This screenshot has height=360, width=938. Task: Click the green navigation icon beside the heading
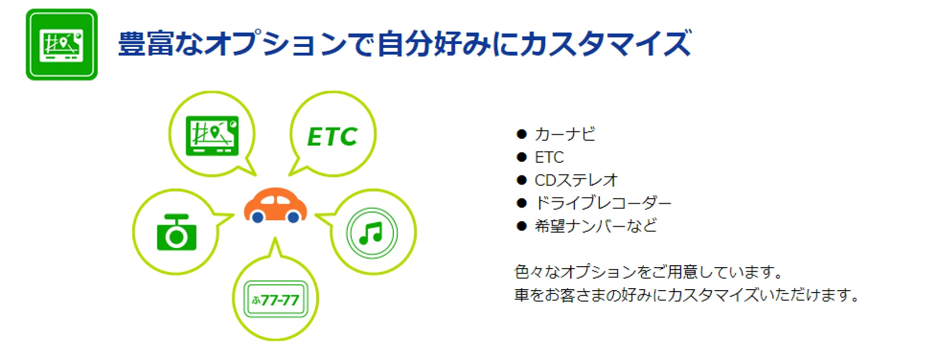click(62, 44)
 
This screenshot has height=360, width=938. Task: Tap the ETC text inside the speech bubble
click(332, 136)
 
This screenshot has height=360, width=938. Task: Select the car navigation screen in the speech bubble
click(212, 136)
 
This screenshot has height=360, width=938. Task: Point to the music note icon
click(371, 233)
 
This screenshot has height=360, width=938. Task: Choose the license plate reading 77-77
click(276, 299)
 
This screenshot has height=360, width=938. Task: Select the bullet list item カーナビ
click(565, 134)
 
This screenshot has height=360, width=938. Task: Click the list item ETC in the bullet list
click(549, 157)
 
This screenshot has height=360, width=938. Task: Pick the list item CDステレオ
click(576, 180)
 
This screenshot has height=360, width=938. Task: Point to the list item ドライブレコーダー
click(603, 203)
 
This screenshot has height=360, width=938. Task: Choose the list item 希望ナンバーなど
click(596, 226)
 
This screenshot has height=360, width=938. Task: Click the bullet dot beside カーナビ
click(522, 134)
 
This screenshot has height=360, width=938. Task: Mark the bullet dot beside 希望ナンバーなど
click(522, 226)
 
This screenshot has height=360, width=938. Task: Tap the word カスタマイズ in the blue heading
click(606, 43)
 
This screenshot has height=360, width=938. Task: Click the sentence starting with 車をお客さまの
click(687, 295)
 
